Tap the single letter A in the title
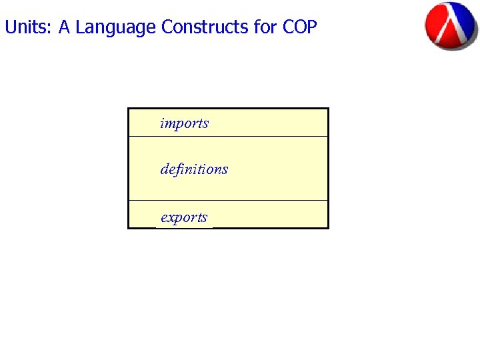[x=64, y=27]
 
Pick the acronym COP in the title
[x=300, y=27]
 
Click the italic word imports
[x=184, y=123]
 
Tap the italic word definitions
[x=194, y=169]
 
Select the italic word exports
[x=184, y=217]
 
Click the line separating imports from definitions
[x=228, y=136]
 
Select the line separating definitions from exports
[x=228, y=200]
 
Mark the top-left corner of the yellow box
[x=128, y=109]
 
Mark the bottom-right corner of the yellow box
[x=328, y=228]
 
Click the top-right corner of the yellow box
[x=328, y=109]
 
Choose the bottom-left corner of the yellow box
[x=128, y=228]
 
